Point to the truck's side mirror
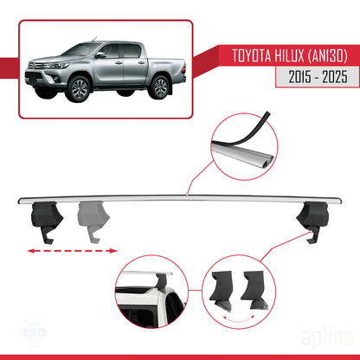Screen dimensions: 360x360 click(101, 55)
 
